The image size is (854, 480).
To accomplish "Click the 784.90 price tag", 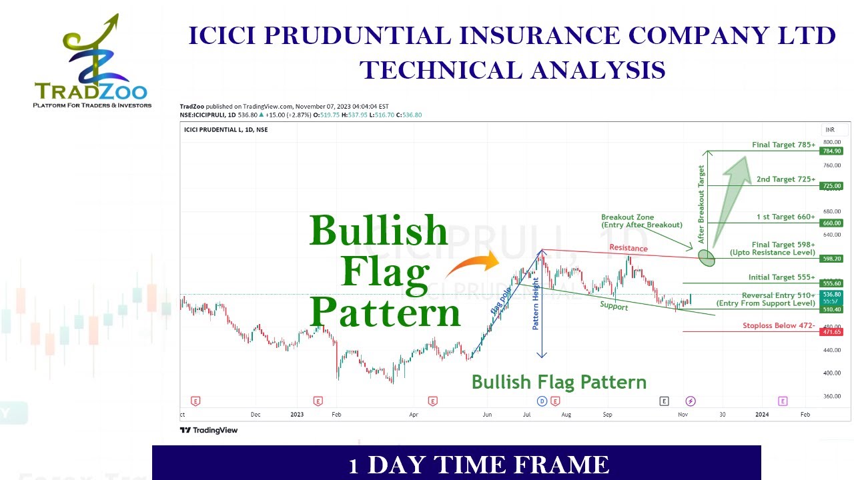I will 831,151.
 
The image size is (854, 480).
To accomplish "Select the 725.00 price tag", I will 831,185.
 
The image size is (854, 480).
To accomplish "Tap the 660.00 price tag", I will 831,223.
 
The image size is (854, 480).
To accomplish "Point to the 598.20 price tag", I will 831,259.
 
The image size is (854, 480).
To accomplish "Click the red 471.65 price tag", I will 831,331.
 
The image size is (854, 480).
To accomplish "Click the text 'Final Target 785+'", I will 783,145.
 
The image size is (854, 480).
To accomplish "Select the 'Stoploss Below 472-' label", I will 778,326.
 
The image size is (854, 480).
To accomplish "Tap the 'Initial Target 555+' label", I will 781,277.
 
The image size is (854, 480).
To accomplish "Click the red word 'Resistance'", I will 628,248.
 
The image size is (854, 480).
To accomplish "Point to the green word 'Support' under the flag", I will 613,306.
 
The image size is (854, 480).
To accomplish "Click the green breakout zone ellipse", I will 707,257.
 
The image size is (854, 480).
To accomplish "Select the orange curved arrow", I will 471,265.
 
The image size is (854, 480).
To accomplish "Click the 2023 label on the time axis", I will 297,414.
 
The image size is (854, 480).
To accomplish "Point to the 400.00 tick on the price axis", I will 831,373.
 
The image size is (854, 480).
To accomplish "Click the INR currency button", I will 830,129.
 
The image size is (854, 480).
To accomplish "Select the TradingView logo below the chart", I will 209,430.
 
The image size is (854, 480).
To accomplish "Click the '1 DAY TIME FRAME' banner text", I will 478,465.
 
